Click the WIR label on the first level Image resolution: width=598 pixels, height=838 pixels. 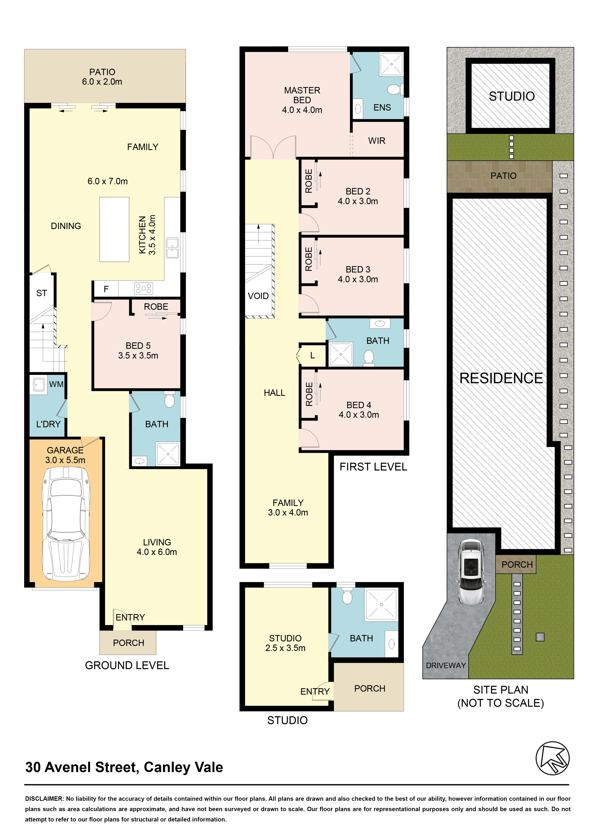click(376, 141)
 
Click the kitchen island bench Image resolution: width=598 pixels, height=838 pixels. click(114, 229)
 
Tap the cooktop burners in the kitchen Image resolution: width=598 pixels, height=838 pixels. click(144, 288)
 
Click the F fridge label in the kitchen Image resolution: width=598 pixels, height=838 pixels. click(106, 289)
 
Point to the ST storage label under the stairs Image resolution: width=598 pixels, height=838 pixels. click(41, 293)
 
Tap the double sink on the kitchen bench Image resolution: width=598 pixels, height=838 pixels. click(172, 248)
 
